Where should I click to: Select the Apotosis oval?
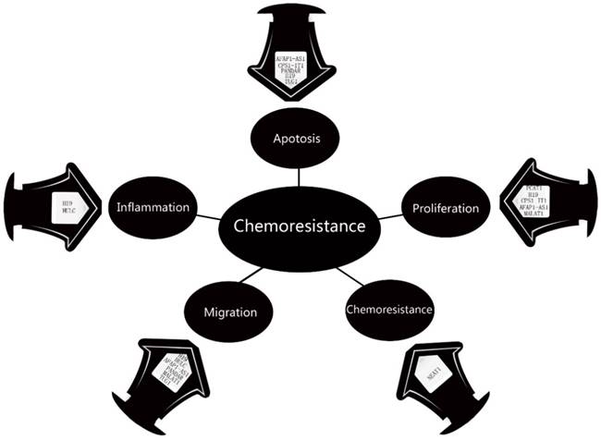(297, 140)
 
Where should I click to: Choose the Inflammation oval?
(153, 207)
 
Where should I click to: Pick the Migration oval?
(225, 312)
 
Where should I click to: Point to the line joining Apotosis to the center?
(298, 173)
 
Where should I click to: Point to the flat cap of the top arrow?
(298, 9)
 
